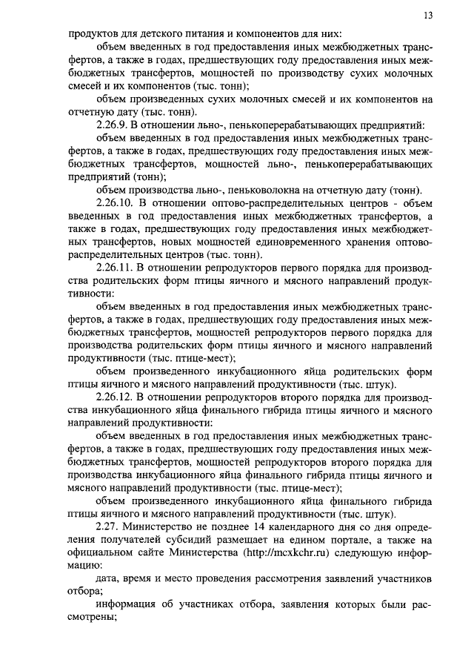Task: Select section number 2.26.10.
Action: [x=118, y=202]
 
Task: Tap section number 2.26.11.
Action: [x=118, y=267]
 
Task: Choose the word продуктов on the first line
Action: [x=95, y=33]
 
